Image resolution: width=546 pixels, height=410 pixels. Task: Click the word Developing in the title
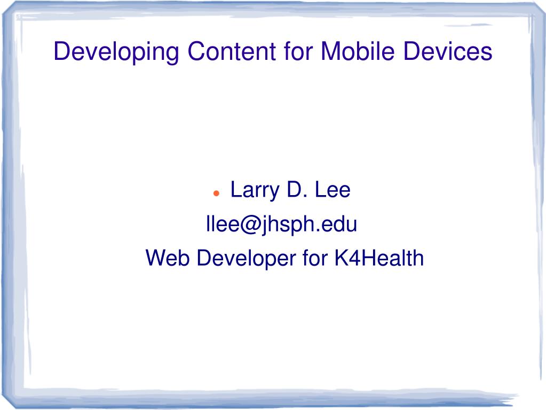(116, 52)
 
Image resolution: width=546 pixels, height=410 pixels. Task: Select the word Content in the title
(232, 52)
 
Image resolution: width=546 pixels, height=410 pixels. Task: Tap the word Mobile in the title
(358, 51)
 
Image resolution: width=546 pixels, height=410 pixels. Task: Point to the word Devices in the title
(448, 51)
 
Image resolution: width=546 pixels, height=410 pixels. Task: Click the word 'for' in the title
(299, 51)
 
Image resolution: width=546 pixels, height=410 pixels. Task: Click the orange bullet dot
(216, 193)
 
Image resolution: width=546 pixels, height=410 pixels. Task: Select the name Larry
(255, 191)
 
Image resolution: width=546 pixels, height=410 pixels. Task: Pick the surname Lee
(333, 190)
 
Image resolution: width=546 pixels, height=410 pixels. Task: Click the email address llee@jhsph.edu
(281, 224)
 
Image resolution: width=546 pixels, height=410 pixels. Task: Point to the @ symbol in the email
(250, 225)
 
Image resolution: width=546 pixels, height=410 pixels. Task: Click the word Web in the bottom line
(168, 258)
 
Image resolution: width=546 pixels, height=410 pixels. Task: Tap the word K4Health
(379, 258)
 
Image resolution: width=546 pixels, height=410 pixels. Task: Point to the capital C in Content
(197, 52)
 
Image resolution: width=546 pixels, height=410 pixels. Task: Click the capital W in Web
(157, 258)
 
